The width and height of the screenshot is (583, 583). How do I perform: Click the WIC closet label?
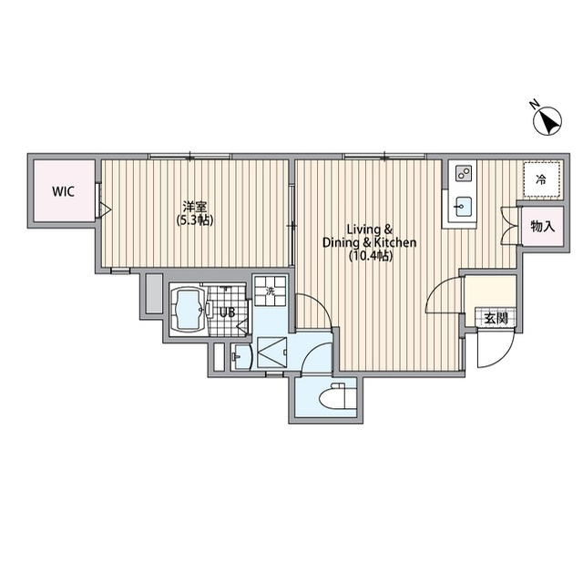tap(63, 192)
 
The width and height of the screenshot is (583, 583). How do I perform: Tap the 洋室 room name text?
tap(194, 207)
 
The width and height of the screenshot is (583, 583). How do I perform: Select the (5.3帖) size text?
tap(194, 220)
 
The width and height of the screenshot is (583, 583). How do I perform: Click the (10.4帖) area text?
tap(371, 256)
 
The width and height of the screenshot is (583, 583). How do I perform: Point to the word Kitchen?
tap(395, 243)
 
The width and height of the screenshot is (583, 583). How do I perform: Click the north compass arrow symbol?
tap(547, 121)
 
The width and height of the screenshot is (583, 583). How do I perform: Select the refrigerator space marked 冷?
tap(541, 180)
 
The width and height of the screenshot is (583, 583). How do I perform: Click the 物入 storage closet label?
tap(543, 226)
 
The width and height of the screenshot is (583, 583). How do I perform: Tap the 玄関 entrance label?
tap(496, 318)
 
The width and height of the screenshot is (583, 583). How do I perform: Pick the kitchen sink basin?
tap(464, 206)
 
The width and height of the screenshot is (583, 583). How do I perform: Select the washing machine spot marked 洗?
tap(271, 291)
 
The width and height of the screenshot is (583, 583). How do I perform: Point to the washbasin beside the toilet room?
tap(240, 357)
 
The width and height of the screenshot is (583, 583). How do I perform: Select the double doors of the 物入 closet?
tap(509, 225)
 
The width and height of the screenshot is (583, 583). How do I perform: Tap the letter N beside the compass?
tap(535, 105)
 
